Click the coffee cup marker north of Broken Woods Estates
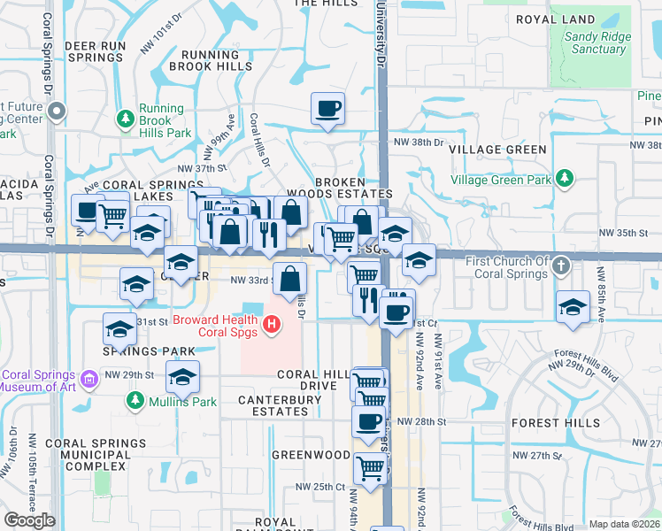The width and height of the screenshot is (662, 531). pyautogui.click(x=327, y=109)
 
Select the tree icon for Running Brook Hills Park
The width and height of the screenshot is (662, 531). pyautogui.click(x=126, y=118)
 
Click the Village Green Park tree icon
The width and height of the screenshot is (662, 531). pyautogui.click(x=563, y=181)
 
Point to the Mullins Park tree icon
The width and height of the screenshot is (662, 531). pyautogui.click(x=135, y=402)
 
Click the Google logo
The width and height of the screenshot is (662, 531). pyautogui.click(x=29, y=520)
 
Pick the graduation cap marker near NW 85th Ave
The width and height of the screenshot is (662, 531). pyautogui.click(x=573, y=306)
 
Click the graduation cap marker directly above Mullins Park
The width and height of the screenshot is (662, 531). pyautogui.click(x=182, y=376)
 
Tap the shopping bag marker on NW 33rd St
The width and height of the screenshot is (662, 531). pyautogui.click(x=290, y=280)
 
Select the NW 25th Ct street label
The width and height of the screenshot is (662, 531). pyautogui.click(x=319, y=487)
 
